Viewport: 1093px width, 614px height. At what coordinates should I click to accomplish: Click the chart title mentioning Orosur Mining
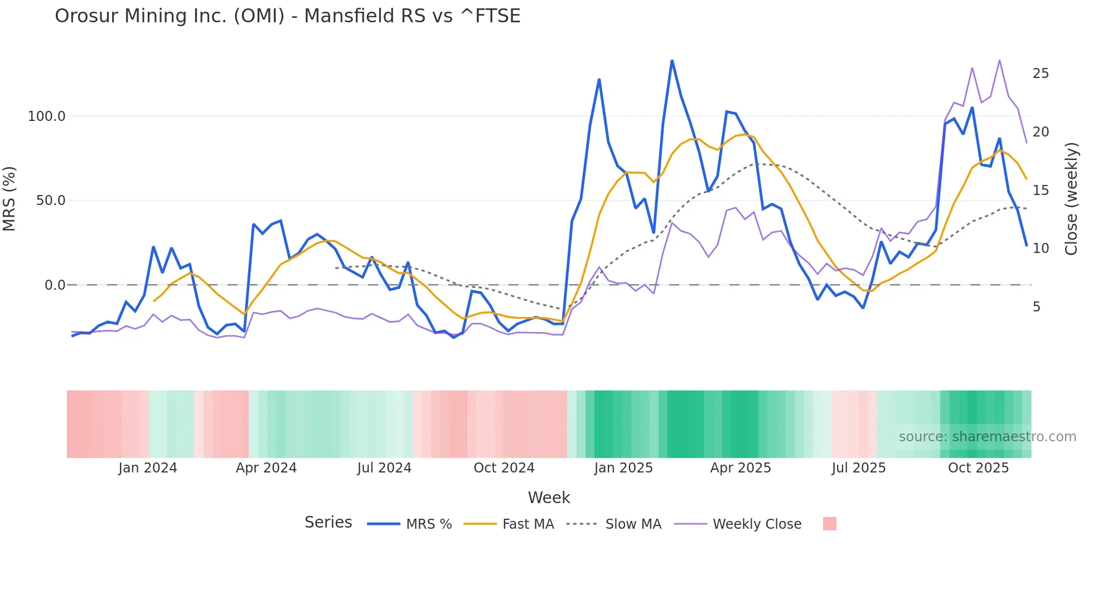click(287, 16)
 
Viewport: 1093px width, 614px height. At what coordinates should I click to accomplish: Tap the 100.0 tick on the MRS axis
click(46, 116)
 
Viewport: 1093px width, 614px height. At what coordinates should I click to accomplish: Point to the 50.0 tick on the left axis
click(50, 201)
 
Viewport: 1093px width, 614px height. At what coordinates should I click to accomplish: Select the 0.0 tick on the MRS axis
click(55, 285)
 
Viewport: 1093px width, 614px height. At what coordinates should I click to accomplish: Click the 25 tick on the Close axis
click(1041, 74)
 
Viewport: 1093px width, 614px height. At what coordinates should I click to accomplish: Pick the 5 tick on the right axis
click(1036, 307)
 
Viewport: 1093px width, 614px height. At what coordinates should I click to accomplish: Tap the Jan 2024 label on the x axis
click(147, 468)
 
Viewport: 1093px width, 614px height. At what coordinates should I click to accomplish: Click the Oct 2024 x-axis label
click(504, 468)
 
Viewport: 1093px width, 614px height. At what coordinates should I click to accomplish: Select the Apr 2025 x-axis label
click(740, 468)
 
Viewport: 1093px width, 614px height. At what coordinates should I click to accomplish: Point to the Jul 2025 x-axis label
click(858, 468)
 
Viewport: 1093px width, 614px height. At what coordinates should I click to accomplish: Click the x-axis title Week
click(549, 498)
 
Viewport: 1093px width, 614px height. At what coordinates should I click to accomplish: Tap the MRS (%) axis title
click(9, 198)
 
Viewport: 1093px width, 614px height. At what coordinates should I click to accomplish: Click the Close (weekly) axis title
click(1071, 199)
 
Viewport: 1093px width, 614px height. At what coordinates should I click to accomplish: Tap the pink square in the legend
click(829, 524)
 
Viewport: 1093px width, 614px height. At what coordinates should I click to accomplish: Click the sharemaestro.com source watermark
click(987, 437)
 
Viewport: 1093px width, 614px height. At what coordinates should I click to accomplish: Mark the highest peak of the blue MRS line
click(672, 60)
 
